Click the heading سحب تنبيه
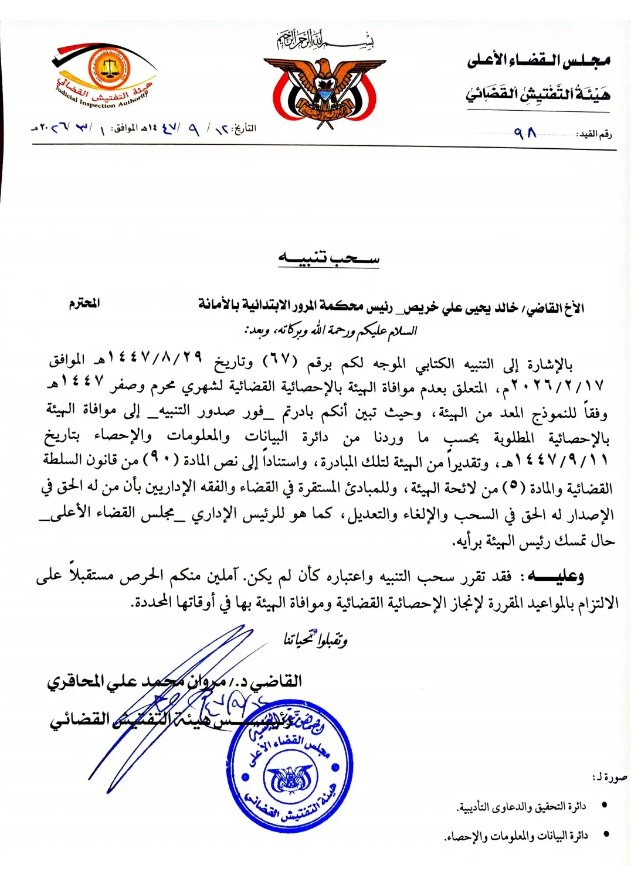[x=328, y=258]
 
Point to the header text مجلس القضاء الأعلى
[x=538, y=60]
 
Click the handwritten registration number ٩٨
[x=525, y=134]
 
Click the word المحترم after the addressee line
[x=84, y=303]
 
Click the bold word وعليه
[x=555, y=577]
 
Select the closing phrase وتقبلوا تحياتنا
[x=316, y=640]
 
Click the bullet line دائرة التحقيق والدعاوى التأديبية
[x=521, y=807]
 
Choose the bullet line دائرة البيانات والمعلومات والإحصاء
[x=516, y=836]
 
